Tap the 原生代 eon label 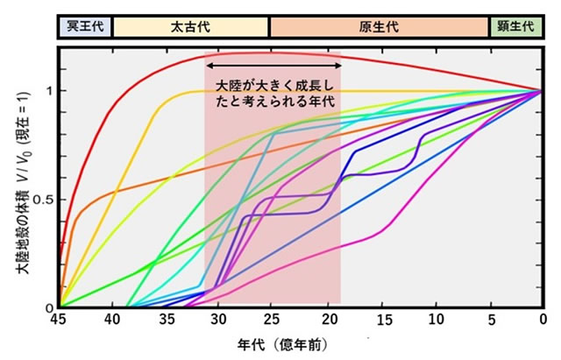pyautogui.click(x=379, y=25)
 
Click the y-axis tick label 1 pyautogui.click(x=49, y=90)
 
